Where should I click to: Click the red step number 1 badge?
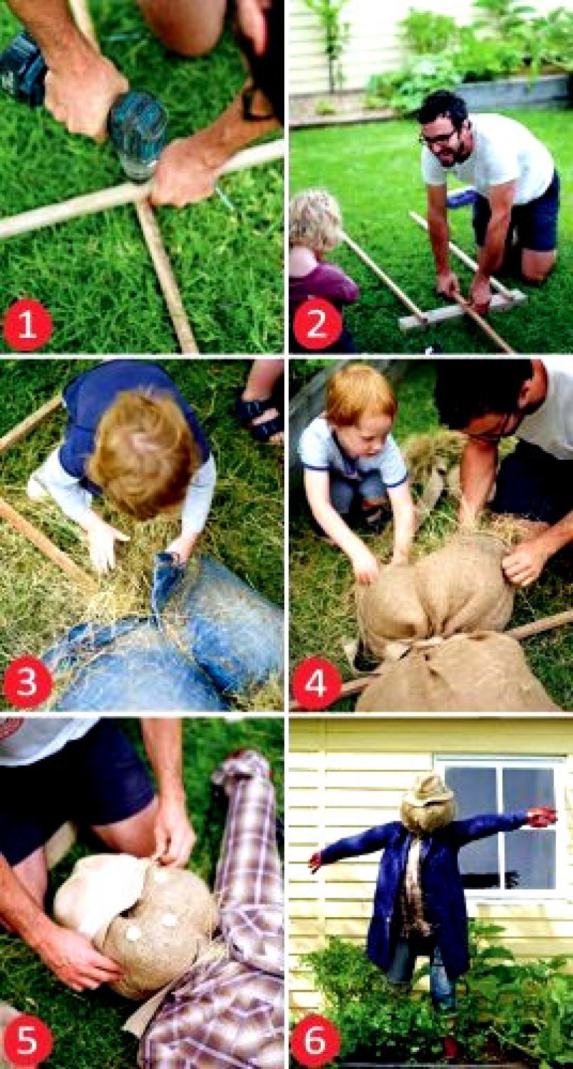27,327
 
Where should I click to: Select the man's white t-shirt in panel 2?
487,158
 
